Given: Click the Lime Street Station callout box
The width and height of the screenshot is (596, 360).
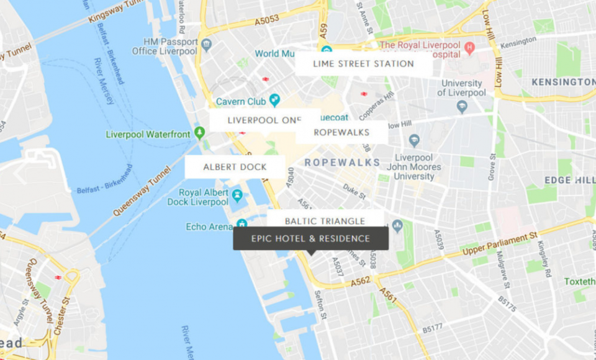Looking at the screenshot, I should tap(363, 63).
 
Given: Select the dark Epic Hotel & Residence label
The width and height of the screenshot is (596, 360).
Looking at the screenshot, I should tap(310, 238).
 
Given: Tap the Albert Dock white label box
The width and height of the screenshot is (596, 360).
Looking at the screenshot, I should tap(235, 167).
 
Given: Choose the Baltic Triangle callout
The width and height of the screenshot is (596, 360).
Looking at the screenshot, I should tap(325, 220).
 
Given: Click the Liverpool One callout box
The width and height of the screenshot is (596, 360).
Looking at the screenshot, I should tap(264, 120).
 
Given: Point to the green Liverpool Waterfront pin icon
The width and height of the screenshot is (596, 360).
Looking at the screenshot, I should tap(199, 133).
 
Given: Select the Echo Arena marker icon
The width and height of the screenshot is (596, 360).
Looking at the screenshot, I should tap(242, 225).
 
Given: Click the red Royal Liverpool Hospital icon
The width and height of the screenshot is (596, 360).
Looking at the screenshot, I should tap(470, 47).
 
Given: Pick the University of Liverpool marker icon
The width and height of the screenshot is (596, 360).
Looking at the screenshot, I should tap(461, 107).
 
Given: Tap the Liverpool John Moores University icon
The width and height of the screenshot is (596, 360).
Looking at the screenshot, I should tap(414, 140).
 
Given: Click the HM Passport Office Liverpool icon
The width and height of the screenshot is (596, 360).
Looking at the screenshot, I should tap(207, 45).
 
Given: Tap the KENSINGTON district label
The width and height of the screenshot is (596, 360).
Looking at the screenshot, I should tap(562, 82).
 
